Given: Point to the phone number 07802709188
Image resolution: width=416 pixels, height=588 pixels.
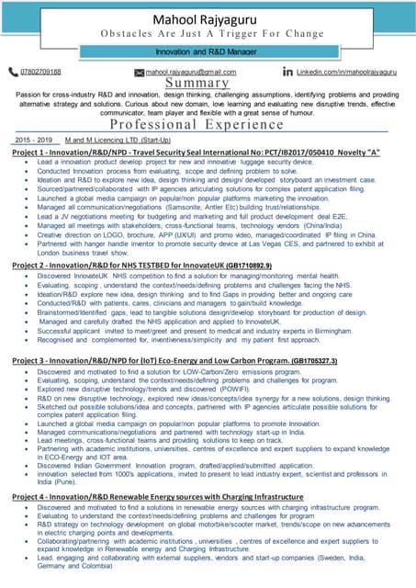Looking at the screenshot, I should point(40,71).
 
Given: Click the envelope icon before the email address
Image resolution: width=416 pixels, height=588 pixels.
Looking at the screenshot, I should point(139,71).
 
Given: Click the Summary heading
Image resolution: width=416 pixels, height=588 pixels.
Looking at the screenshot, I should point(208,83).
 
